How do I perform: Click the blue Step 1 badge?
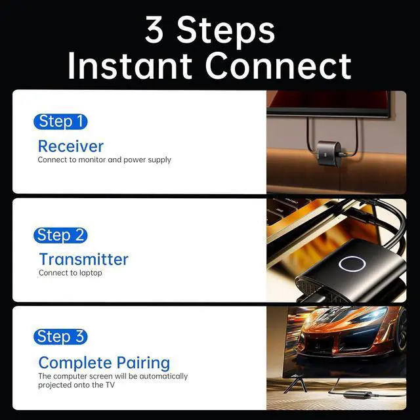[60, 121]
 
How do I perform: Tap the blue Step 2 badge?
[60, 235]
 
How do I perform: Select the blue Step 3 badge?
[60, 337]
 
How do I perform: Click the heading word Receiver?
[71, 146]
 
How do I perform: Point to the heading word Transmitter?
[83, 259]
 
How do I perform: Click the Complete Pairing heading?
[104, 362]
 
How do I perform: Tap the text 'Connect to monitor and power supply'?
[104, 159]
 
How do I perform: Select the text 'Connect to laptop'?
[70, 273]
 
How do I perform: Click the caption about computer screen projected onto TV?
[113, 381]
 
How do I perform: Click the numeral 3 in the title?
[154, 31]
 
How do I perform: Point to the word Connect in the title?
[278, 66]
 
